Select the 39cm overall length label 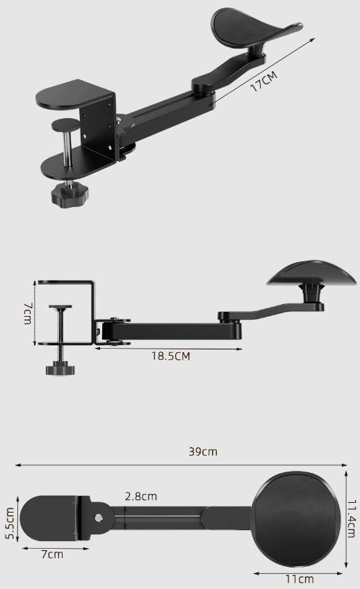coord(203,451)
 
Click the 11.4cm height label coord(351,521)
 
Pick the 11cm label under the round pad coord(299,579)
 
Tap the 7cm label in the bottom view coord(51,554)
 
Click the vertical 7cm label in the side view coord(27,313)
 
